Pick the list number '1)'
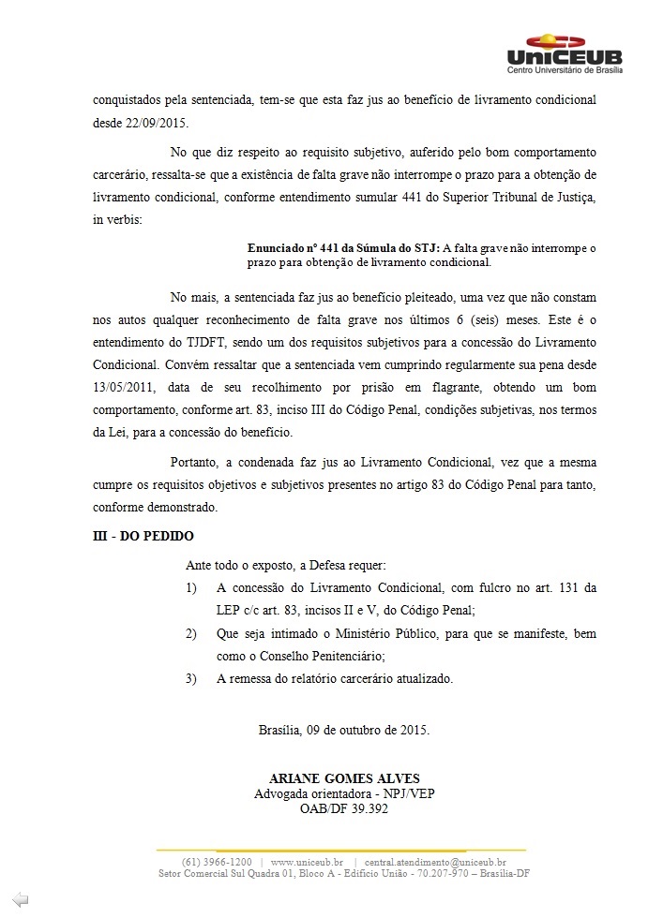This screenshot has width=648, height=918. click(191, 588)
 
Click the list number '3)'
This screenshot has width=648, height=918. click(191, 678)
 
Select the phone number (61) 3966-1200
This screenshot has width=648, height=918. click(216, 861)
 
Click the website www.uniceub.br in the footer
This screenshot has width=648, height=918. click(307, 861)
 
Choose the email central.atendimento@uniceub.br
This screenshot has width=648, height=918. click(435, 861)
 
